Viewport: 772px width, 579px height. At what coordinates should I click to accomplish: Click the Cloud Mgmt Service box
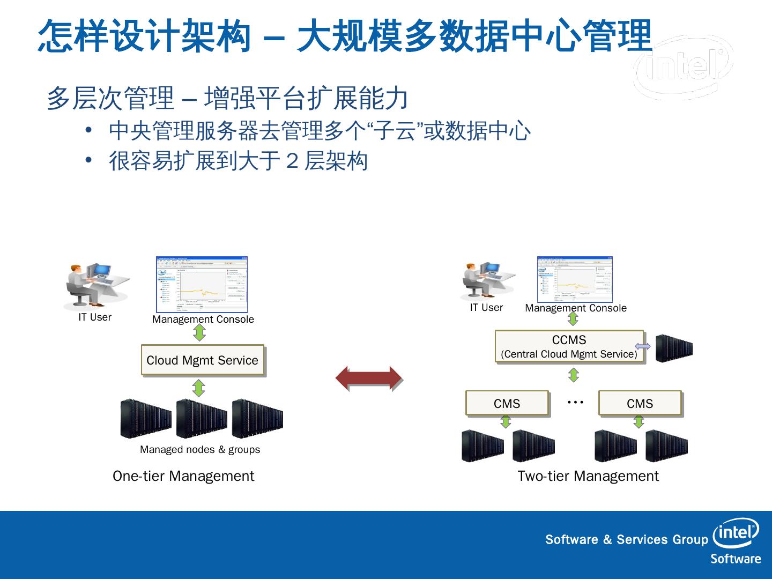coord(203,360)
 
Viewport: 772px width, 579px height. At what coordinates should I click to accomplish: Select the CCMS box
coord(569,346)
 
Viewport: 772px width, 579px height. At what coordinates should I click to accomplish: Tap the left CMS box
coord(507,403)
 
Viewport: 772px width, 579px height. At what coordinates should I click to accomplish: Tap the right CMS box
coord(640,403)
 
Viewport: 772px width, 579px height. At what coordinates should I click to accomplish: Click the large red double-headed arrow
coord(369,379)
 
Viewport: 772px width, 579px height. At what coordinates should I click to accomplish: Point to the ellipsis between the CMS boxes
coord(575,402)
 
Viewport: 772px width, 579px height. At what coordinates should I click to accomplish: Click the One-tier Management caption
coord(183,476)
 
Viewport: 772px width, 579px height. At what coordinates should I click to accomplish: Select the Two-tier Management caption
coord(588,476)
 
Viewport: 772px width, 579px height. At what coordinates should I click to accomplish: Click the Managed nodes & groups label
coord(200,449)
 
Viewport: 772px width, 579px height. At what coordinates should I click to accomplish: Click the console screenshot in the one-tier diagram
coord(202,285)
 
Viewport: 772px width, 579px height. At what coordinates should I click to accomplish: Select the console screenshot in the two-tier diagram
coord(575,279)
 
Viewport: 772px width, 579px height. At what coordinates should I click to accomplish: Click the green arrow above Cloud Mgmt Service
coord(199,333)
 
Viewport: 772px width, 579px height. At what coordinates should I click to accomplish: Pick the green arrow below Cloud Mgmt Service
coord(199,388)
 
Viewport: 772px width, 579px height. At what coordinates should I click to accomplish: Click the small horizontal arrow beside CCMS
coord(643,346)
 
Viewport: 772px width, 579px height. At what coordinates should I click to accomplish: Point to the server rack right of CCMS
coord(674,348)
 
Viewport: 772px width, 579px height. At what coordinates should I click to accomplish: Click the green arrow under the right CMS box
coord(639,422)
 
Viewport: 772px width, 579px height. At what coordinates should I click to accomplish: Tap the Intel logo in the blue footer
coord(736,532)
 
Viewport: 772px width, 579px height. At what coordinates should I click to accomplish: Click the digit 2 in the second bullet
coord(292,160)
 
